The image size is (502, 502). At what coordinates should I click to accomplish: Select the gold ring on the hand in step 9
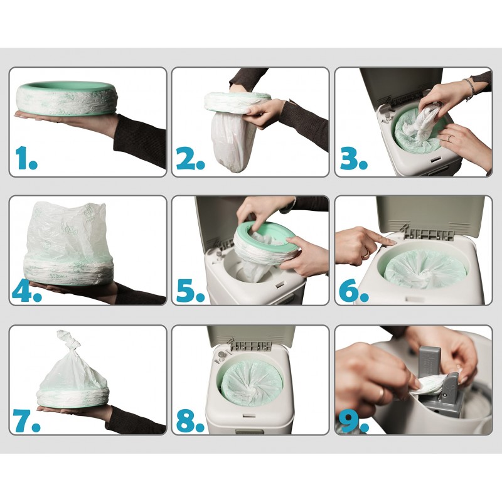click(380, 395)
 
